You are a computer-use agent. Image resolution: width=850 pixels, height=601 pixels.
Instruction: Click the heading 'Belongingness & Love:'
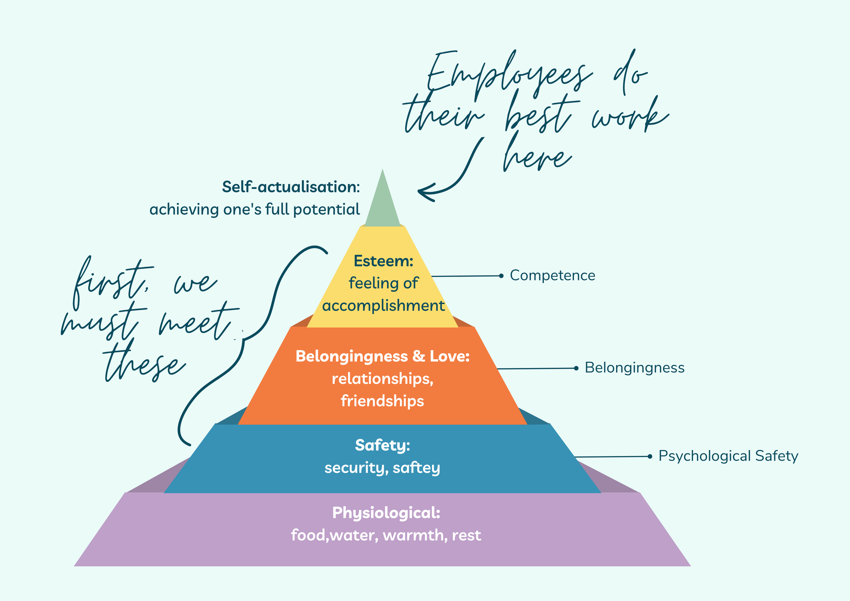click(x=382, y=356)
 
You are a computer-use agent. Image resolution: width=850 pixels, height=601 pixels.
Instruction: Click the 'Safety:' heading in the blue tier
click(x=382, y=445)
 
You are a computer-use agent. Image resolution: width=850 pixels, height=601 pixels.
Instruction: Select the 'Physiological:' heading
click(x=386, y=513)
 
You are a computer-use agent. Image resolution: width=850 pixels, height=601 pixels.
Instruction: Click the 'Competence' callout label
click(x=552, y=275)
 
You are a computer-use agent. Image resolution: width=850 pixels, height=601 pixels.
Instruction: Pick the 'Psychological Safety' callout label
click(x=728, y=456)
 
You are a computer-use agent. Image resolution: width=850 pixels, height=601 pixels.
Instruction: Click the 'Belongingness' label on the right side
click(x=634, y=368)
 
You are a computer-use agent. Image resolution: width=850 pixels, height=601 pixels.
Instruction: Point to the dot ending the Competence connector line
click(x=501, y=276)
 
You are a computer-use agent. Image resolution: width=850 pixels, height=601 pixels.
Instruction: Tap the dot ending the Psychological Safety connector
click(x=650, y=457)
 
